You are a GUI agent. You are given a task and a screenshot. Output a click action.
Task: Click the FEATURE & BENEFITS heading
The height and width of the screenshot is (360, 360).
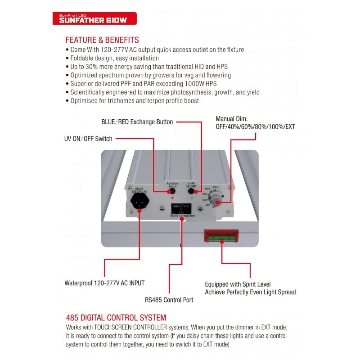click(x=102, y=40)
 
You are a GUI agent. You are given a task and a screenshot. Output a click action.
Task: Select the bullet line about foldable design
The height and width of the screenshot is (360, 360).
click(x=114, y=58)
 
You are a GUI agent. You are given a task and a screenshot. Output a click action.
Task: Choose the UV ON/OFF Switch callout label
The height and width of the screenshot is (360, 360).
click(x=89, y=139)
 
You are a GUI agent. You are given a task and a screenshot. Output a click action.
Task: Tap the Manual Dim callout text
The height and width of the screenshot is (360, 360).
click(x=255, y=123)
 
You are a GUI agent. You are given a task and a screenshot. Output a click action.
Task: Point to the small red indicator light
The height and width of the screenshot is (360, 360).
click(x=172, y=198)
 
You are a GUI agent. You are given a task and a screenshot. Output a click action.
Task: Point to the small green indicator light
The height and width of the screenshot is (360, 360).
click(x=193, y=198)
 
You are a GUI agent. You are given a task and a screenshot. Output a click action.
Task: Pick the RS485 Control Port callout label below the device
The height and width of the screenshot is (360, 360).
click(x=169, y=300)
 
